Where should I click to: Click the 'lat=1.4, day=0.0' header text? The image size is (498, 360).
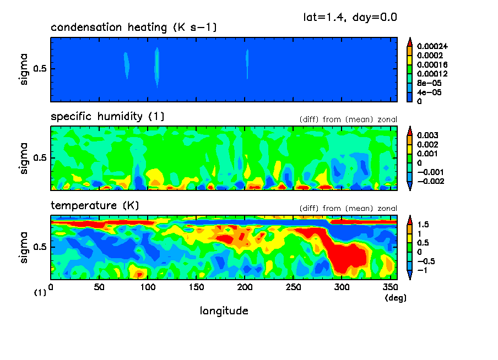[350, 17]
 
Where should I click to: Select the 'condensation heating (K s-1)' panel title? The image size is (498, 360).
[129, 28]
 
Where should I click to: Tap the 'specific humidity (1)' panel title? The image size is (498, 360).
[107, 117]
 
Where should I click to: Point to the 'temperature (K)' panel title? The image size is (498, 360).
[95, 206]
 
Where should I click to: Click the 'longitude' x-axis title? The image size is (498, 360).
[224, 311]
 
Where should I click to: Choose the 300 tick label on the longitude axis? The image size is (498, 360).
[342, 286]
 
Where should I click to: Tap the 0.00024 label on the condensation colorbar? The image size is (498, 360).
[433, 46]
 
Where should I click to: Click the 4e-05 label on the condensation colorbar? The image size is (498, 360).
[428, 92]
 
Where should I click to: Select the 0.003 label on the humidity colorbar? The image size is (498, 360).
[426, 135]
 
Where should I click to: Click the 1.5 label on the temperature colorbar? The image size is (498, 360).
[423, 225]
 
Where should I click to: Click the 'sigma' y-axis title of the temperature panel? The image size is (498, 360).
[25, 247]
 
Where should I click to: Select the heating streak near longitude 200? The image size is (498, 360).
[247, 63]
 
